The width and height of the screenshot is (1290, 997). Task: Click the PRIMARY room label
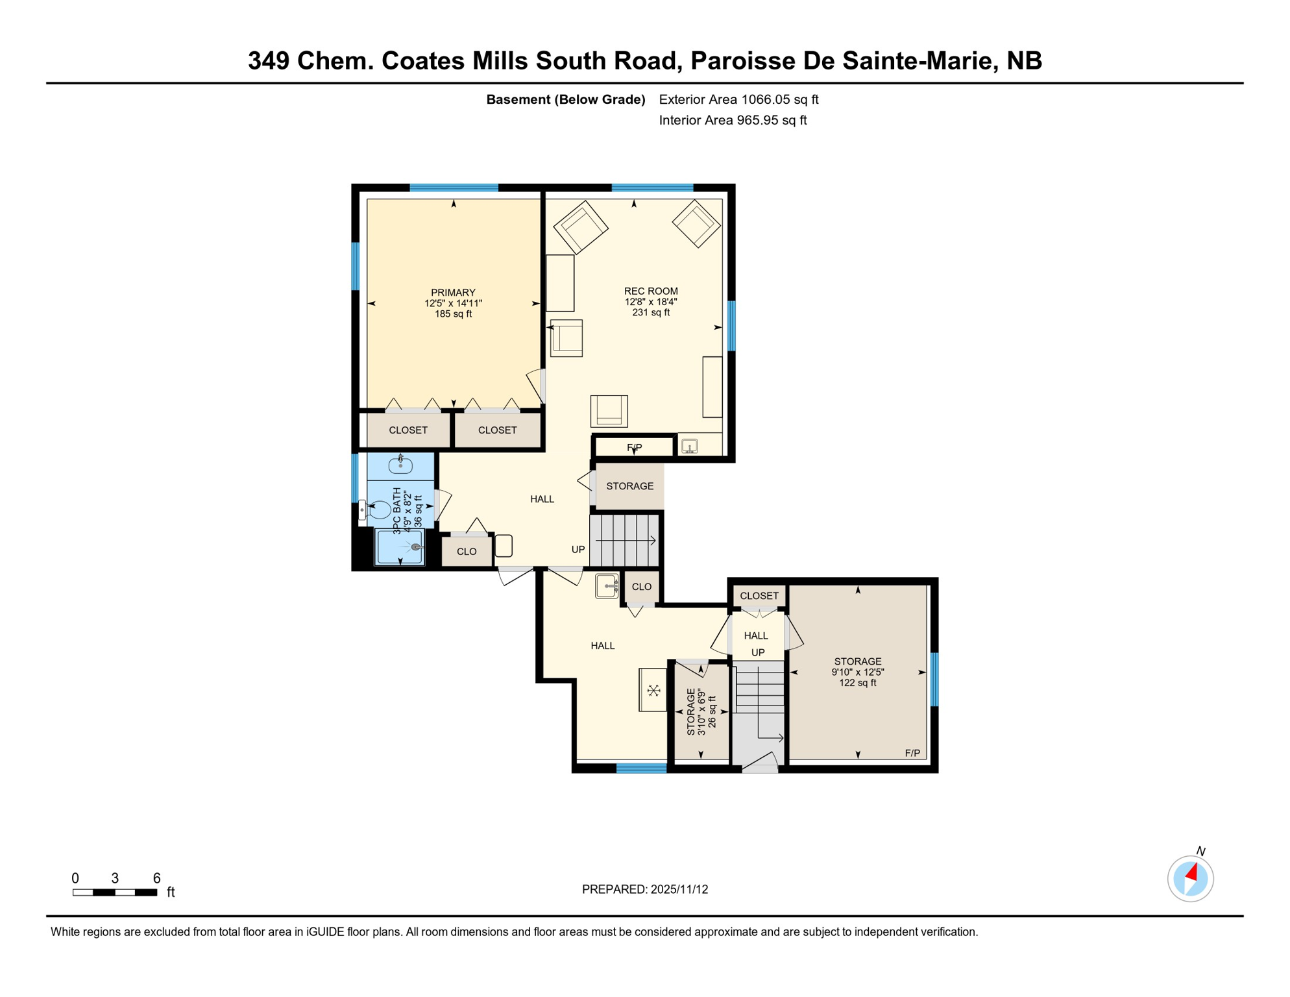(453, 302)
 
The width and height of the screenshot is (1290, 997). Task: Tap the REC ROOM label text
(651, 301)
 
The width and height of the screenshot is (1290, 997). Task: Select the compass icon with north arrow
(1190, 879)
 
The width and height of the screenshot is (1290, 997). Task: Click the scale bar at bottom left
(115, 892)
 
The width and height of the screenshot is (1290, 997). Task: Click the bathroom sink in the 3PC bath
(400, 465)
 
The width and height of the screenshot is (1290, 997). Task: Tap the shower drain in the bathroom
(415, 547)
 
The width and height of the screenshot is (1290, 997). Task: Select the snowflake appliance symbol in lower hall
(653, 690)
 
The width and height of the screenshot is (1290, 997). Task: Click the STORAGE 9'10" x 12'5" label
(858, 672)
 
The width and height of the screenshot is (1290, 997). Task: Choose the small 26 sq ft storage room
(701, 711)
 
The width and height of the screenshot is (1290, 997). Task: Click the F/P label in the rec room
(634, 447)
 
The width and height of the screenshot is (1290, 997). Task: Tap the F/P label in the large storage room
(912, 753)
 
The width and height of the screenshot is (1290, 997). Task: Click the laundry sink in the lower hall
(607, 586)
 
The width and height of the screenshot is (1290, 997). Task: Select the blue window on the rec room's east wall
(731, 326)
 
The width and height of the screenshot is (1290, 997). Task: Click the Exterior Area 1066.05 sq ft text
(738, 99)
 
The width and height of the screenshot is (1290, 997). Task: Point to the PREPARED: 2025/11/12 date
(644, 889)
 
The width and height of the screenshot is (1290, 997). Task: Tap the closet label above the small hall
(759, 595)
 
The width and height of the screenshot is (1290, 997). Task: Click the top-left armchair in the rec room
(581, 227)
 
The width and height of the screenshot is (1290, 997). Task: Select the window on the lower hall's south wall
(641, 769)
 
